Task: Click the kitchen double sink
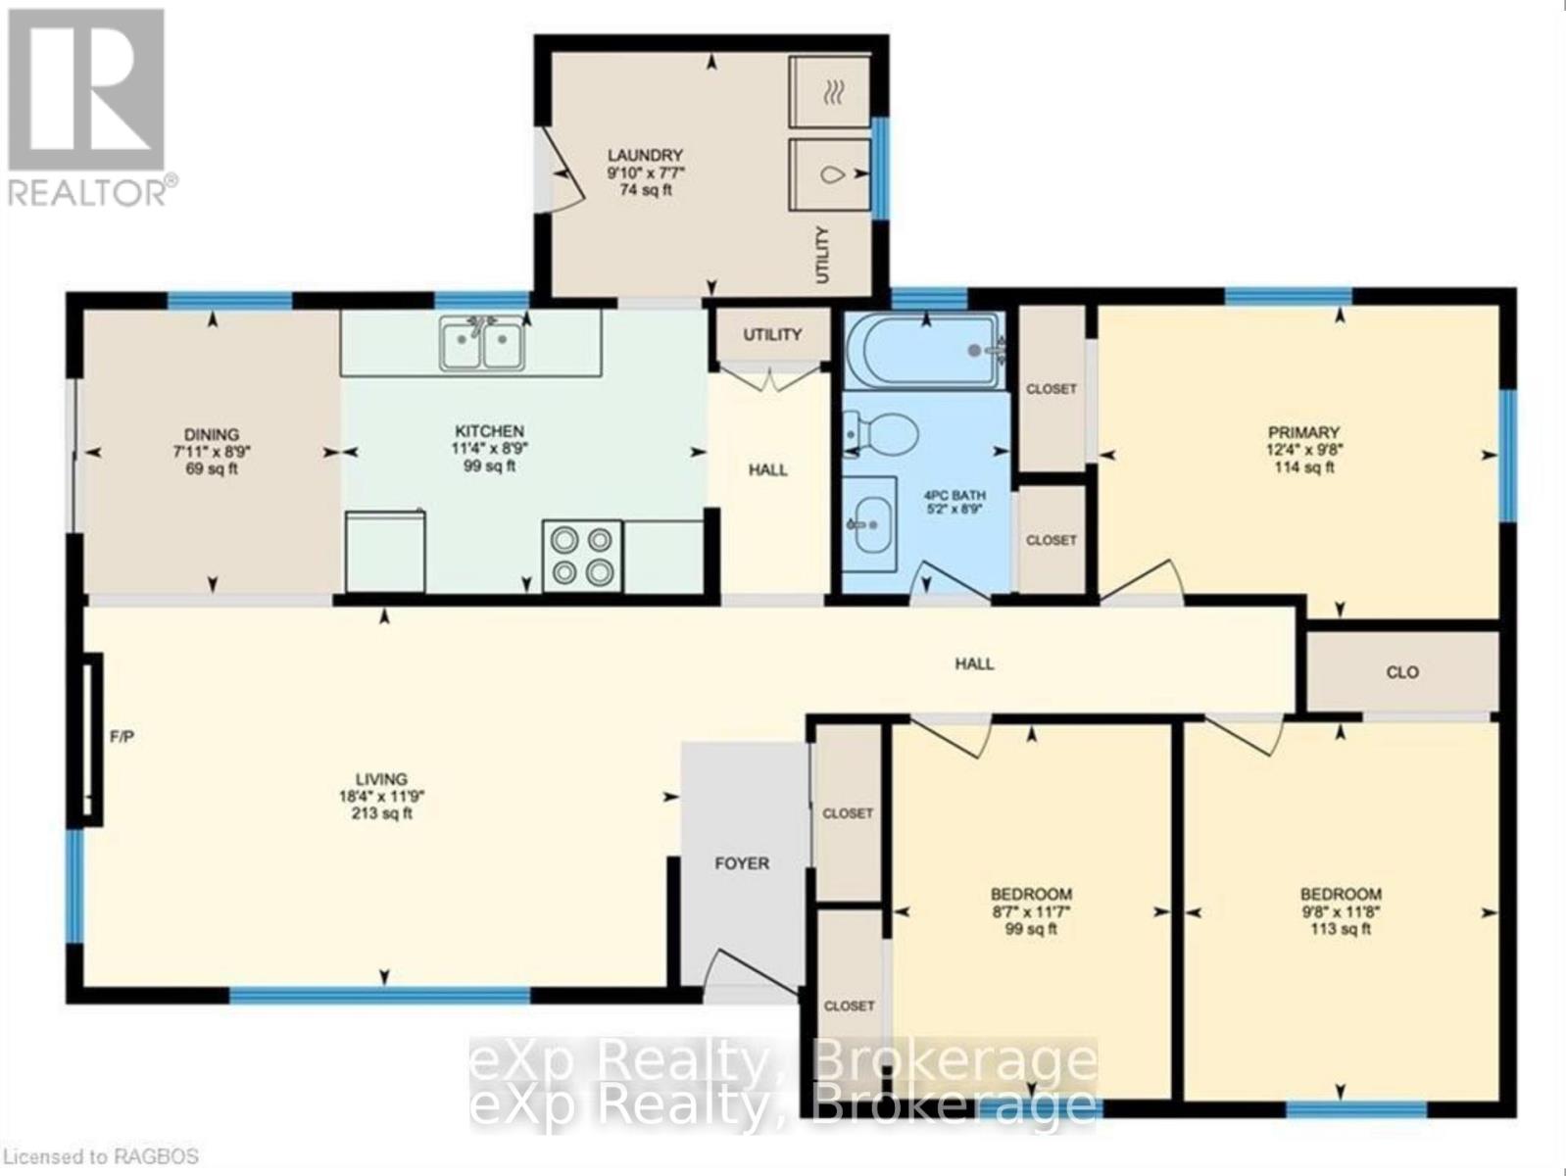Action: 482,344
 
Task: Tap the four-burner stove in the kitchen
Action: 582,557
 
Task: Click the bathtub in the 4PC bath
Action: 925,351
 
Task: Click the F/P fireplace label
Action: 122,736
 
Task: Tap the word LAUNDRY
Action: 645,156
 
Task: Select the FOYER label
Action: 742,863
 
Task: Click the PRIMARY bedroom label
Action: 1303,432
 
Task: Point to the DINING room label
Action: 212,434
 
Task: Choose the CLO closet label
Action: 1402,672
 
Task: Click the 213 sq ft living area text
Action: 381,813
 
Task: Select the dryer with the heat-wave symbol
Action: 830,92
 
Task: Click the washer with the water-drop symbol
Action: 830,174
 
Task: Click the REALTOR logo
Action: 89,108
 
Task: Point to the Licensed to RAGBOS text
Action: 101,1156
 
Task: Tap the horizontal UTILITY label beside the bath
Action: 772,334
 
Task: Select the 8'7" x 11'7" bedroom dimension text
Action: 1031,911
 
